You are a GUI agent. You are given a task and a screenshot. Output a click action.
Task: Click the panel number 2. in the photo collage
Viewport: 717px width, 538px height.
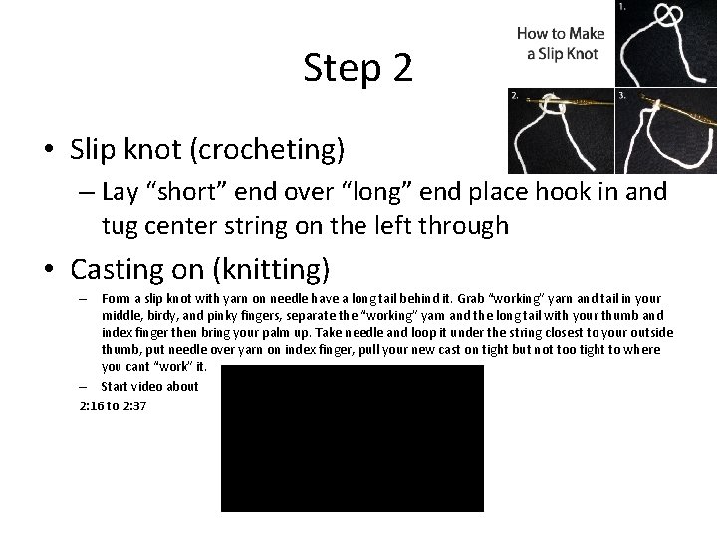click(x=514, y=96)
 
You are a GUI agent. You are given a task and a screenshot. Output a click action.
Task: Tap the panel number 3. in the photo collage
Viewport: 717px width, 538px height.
click(x=622, y=96)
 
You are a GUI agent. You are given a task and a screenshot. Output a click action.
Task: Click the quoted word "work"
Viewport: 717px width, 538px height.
click(x=167, y=366)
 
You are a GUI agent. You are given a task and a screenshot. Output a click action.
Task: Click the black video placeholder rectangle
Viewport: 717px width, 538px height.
click(x=352, y=437)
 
